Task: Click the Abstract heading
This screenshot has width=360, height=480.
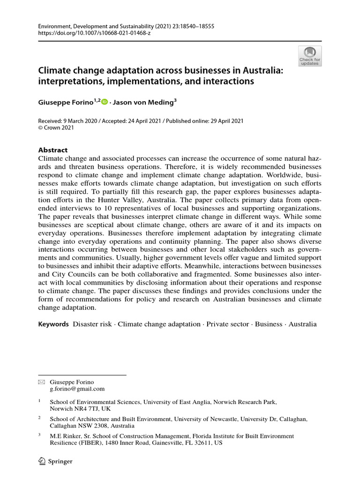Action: click(52, 150)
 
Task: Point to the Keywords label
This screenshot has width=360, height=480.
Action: click(53, 324)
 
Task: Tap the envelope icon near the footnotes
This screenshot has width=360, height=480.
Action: click(41, 382)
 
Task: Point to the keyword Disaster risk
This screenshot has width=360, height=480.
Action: click(92, 324)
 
